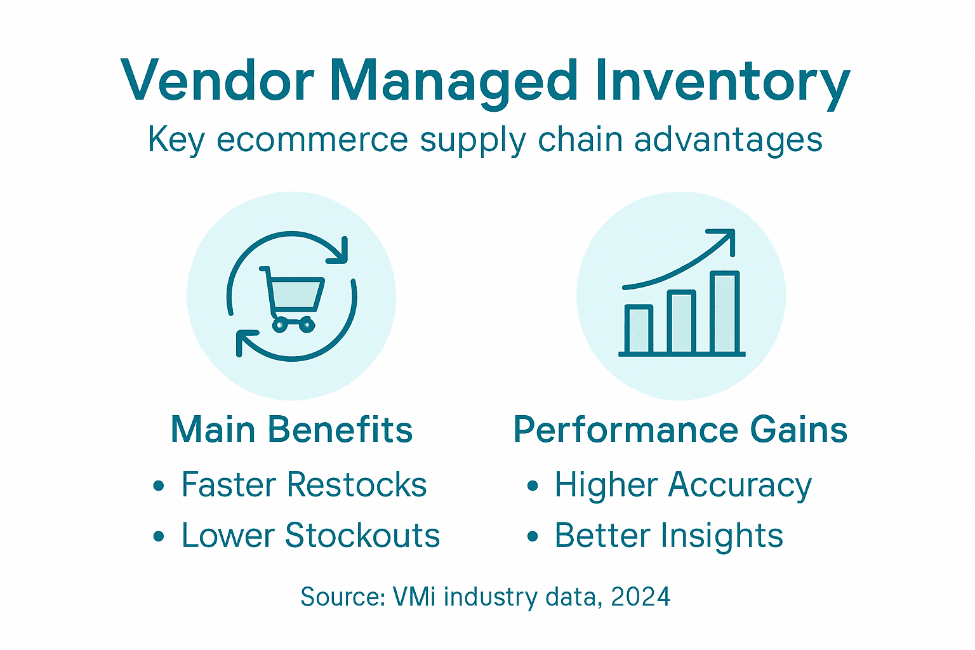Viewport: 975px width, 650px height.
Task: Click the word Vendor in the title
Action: pyautogui.click(x=217, y=81)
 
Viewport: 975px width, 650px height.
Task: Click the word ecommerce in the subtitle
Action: pyautogui.click(x=312, y=140)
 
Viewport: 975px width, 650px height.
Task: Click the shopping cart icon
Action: pyautogui.click(x=292, y=298)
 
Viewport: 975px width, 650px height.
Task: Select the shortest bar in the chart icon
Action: pyautogui.click(x=639, y=329)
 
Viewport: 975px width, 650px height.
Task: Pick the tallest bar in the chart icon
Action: pyautogui.click(x=724, y=312)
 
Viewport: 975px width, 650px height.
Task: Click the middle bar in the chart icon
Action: pyautogui.click(x=682, y=322)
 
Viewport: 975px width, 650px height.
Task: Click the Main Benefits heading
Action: pyautogui.click(x=292, y=430)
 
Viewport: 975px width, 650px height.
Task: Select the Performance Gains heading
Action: pyautogui.click(x=680, y=430)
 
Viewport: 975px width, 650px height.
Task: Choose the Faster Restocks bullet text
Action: pyautogui.click(x=303, y=485)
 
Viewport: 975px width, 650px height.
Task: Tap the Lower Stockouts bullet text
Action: pyautogui.click(x=310, y=535)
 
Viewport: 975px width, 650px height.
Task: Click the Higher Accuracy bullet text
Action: pyautogui.click(x=683, y=485)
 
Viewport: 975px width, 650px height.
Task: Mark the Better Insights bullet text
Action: pyautogui.click(x=669, y=535)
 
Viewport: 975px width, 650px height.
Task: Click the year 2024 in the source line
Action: pyautogui.click(x=640, y=597)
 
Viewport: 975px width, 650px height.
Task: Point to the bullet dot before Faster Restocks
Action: pyautogui.click(x=159, y=486)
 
